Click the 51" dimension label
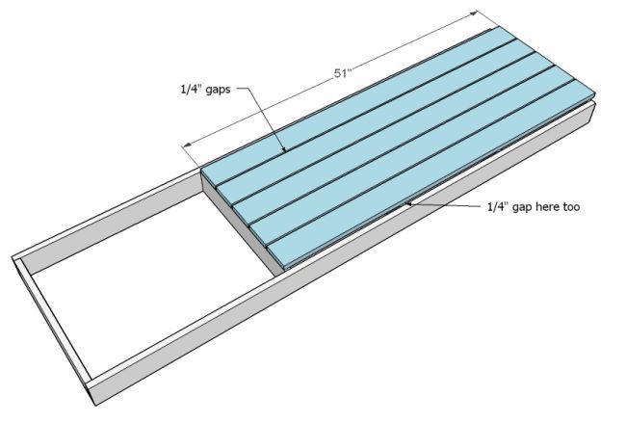[342, 74]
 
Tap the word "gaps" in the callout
[218, 90]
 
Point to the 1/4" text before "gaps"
[192, 89]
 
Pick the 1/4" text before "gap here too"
[498, 206]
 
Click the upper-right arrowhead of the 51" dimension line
[474, 13]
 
